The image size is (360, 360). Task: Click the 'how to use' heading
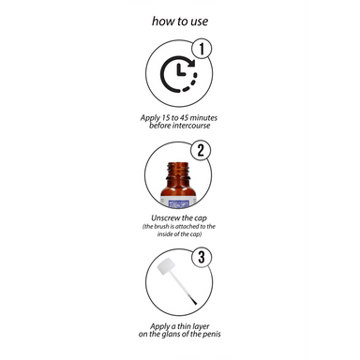click(x=180, y=22)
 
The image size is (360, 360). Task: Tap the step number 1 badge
click(x=202, y=49)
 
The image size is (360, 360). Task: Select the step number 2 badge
click(x=201, y=150)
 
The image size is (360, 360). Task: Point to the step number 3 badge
click(x=202, y=258)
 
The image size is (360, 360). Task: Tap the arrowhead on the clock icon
click(x=190, y=63)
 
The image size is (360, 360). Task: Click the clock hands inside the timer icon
click(x=180, y=70)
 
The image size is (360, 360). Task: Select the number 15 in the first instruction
click(x=165, y=118)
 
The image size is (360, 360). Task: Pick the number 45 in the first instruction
click(x=184, y=118)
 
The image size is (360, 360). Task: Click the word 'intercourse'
click(x=191, y=126)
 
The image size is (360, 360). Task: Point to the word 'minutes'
click(x=203, y=118)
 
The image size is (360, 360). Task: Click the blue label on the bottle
click(x=179, y=204)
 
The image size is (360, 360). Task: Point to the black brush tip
click(x=194, y=301)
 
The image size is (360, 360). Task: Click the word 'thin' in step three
click(x=184, y=326)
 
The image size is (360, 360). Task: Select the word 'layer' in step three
click(x=201, y=327)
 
